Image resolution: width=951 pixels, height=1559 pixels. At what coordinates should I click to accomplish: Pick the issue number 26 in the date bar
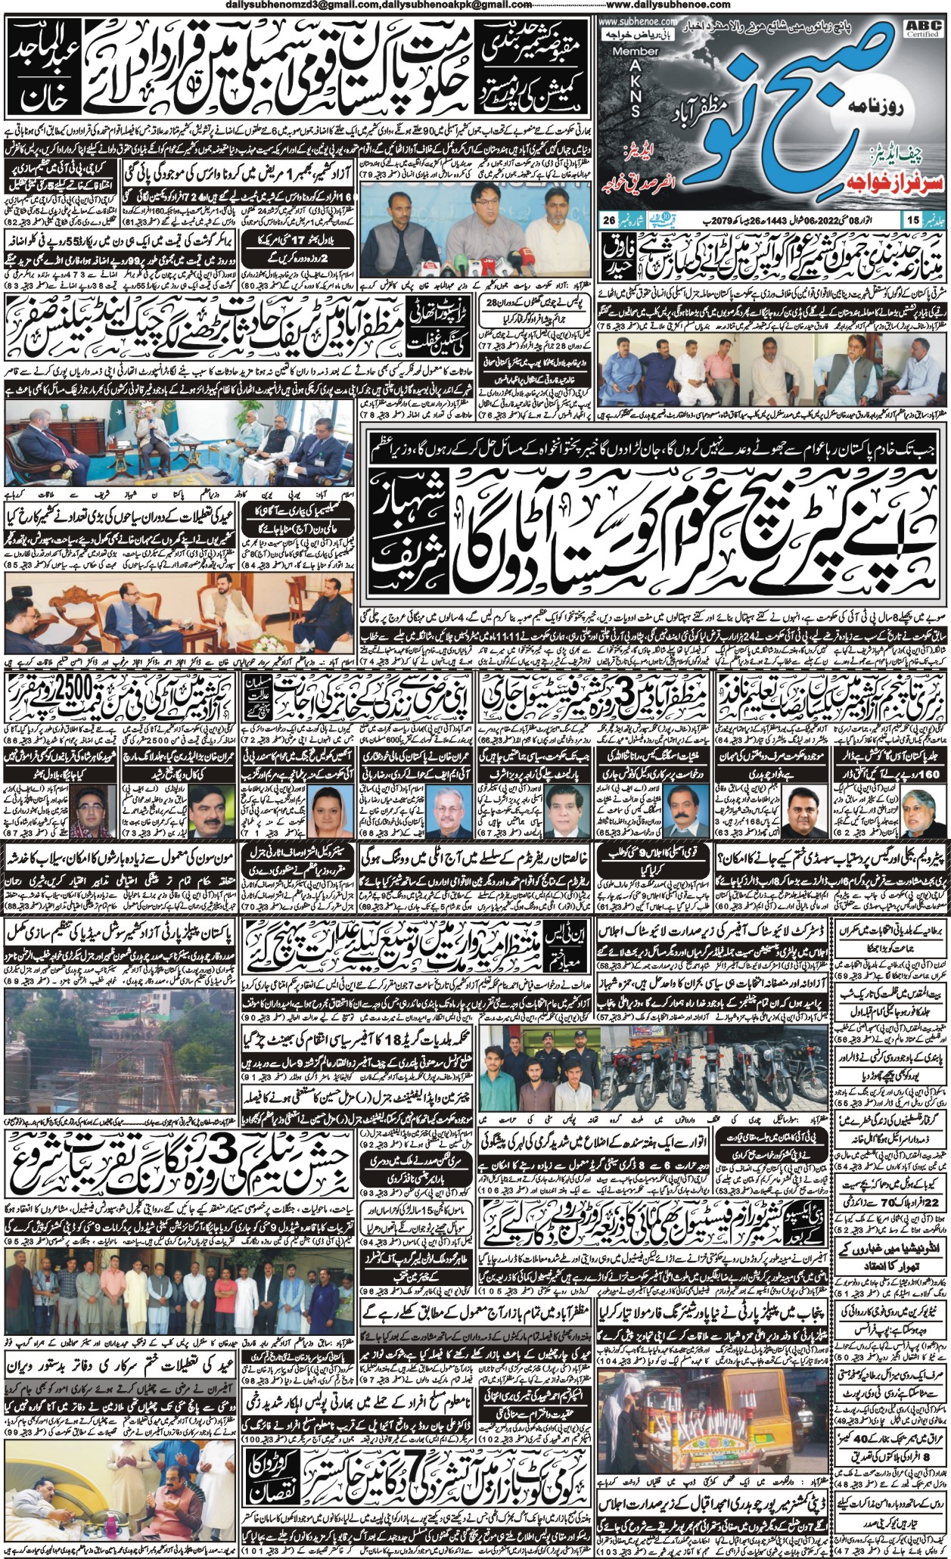[608, 220]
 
